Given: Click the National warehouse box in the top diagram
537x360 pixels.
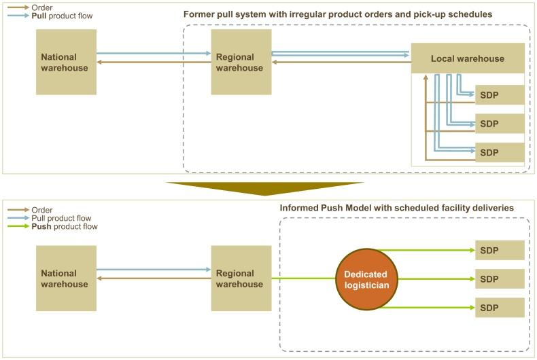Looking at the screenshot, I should [x=67, y=62].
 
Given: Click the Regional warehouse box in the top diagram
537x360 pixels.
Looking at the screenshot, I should [x=241, y=62].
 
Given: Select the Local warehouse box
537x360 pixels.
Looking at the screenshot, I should [x=468, y=58].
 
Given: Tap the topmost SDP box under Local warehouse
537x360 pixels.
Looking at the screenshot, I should [x=500, y=95].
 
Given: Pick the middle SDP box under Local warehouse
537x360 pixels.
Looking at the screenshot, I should [x=500, y=124].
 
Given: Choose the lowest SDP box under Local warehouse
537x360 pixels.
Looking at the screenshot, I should [x=500, y=152].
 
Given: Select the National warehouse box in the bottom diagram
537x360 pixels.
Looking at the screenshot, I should [x=67, y=278].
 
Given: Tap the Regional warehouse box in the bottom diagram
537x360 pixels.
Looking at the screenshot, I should [x=241, y=278].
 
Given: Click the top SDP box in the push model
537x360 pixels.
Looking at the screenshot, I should [x=500, y=250].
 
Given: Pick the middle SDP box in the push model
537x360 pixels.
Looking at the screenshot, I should [x=500, y=278].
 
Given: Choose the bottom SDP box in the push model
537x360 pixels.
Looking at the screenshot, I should [x=500, y=307].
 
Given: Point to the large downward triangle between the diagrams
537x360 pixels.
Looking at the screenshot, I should [x=265, y=188].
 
